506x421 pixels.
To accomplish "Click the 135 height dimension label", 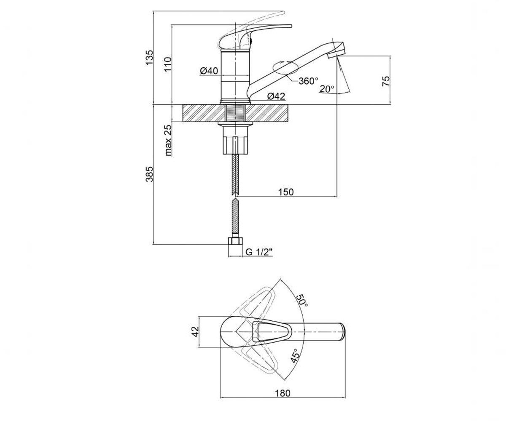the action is pos(150,57).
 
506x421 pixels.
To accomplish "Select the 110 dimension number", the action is pos(167,64).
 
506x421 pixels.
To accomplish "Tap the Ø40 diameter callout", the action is pos(209,71).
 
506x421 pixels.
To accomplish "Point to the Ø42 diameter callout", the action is pos(276,96).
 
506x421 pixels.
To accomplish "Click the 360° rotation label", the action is pos(308,81).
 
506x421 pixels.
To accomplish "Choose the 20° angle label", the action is pos(327,89).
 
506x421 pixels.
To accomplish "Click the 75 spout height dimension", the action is pos(386,81).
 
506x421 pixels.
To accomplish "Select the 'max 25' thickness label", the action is pos(168,140).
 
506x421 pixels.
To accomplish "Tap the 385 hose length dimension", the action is pos(150,174).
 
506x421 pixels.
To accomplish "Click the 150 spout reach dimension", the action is pos(286,192).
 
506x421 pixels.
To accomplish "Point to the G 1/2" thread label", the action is pos(259,252).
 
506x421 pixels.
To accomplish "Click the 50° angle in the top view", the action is pos(302,300).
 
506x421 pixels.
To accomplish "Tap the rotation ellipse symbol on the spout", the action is pos(285,68).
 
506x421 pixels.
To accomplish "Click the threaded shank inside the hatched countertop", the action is pos(235,113).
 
